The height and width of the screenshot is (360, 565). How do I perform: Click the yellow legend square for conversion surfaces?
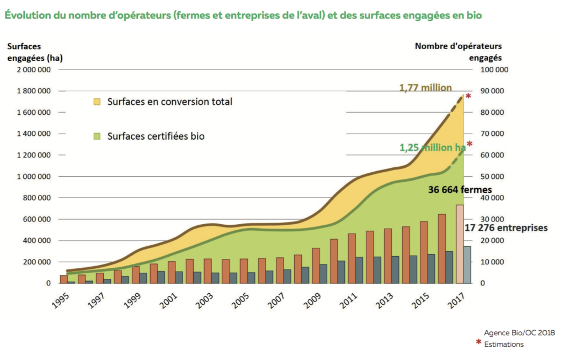97,102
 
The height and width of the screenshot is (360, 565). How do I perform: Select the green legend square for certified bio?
97,135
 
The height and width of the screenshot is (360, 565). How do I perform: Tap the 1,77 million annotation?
425,87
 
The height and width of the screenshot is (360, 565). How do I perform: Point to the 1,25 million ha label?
433,147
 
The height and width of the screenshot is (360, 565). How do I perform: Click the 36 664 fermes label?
460,189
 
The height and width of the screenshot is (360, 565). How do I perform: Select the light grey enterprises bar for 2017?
467,264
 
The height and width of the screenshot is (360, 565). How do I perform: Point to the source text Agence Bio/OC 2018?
519,333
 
